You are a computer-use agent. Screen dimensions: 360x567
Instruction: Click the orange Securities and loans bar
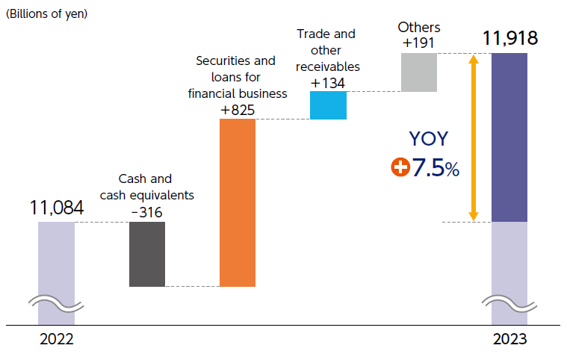pyautogui.click(x=237, y=202)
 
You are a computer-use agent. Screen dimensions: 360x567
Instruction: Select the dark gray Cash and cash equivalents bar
pyautogui.click(x=146, y=254)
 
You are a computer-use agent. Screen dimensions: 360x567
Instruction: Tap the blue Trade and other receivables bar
pyautogui.click(x=328, y=105)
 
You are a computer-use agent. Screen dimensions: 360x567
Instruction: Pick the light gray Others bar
pyautogui.click(x=418, y=72)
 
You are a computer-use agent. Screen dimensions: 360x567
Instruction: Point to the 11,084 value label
pyautogui.click(x=57, y=207)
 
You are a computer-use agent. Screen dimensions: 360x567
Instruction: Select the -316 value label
pyautogui.click(x=146, y=212)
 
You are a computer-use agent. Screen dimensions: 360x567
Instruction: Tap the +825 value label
pyautogui.click(x=238, y=111)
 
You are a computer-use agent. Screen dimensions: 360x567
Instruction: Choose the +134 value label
pyautogui.click(x=328, y=82)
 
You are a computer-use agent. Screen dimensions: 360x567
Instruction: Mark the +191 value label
pyautogui.click(x=418, y=43)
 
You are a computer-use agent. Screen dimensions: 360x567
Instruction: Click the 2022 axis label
pyautogui.click(x=57, y=338)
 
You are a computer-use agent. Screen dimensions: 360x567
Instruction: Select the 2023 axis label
pyautogui.click(x=509, y=338)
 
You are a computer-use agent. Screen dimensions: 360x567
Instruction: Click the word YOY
pyautogui.click(x=430, y=139)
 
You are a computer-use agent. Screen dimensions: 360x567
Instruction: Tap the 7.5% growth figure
pyautogui.click(x=436, y=168)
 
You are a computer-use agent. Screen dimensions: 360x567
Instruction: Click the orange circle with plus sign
pyautogui.click(x=400, y=168)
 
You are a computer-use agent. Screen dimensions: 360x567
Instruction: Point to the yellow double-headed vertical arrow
pyautogui.click(x=473, y=137)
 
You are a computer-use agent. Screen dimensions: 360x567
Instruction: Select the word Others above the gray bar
pyautogui.click(x=418, y=28)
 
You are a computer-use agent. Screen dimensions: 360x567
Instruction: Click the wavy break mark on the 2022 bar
pyautogui.click(x=57, y=302)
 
